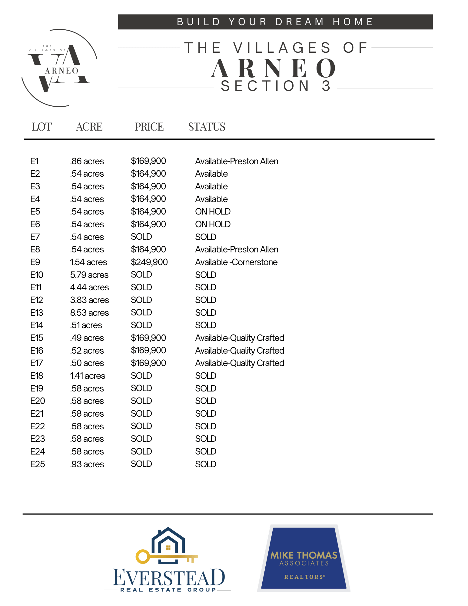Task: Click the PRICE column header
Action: [149, 127]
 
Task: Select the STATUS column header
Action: [207, 127]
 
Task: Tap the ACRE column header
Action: [89, 127]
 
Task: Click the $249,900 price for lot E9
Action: [149, 262]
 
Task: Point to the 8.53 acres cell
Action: [89, 312]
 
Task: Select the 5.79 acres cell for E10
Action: [89, 275]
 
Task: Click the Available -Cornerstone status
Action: [236, 262]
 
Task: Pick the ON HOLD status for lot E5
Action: [213, 211]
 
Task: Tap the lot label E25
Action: [38, 464]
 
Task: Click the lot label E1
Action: [34, 161]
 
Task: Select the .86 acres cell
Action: [87, 161]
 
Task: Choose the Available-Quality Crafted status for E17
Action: [239, 363]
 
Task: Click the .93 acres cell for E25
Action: [87, 464]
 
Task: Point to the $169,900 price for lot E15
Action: [148, 338]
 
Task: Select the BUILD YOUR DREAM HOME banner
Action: [275, 22]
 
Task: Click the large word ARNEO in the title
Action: [274, 68]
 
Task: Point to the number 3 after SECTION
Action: [326, 86]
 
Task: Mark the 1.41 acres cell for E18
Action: [88, 376]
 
